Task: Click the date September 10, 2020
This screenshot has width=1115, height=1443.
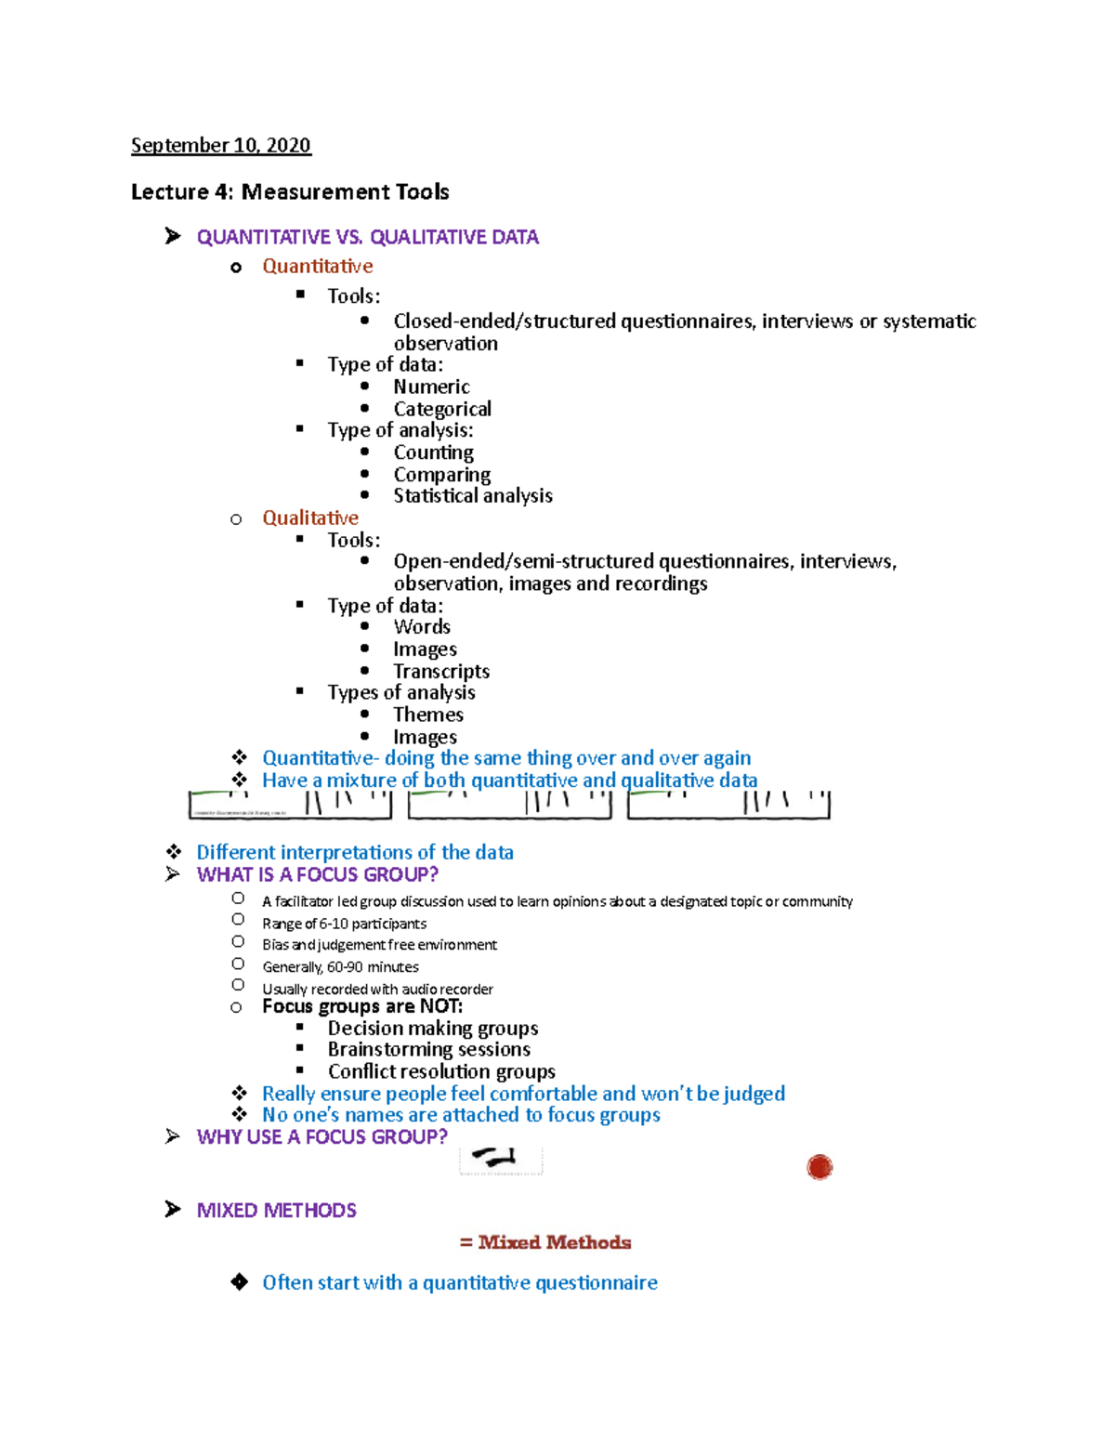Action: click(220, 145)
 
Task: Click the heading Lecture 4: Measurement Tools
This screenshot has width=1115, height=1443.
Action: click(290, 191)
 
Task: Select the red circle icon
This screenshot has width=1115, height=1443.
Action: click(820, 1167)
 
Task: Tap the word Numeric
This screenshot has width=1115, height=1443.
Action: click(431, 387)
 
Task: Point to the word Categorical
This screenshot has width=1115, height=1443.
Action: click(442, 409)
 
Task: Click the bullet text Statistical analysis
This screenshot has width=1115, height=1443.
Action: click(472, 495)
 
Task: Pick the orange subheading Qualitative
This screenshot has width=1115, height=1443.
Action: click(309, 518)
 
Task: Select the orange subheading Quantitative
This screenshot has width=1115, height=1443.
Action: click(317, 266)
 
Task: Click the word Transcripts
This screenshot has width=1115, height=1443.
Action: click(441, 671)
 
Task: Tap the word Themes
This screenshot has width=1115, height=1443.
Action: click(428, 715)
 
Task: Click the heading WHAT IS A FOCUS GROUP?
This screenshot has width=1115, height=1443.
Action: click(317, 874)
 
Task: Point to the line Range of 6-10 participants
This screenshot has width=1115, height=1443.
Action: click(344, 924)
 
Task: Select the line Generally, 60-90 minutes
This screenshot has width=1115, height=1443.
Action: click(340, 967)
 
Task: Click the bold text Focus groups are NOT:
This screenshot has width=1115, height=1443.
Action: click(361, 1006)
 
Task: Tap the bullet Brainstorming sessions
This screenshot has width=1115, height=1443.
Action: click(428, 1049)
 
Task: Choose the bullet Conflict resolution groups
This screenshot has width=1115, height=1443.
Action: click(441, 1071)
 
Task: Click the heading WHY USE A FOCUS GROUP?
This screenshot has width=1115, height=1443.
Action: click(321, 1136)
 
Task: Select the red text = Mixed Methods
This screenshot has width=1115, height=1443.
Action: click(545, 1242)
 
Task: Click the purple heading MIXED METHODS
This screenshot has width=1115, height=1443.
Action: click(276, 1210)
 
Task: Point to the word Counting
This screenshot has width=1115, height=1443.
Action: click(433, 453)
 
